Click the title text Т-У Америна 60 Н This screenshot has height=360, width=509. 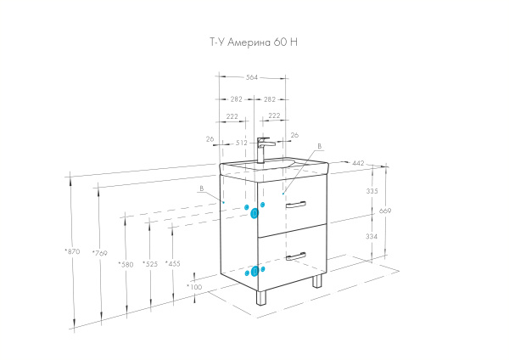coord(254,42)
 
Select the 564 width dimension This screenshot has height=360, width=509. coord(252,77)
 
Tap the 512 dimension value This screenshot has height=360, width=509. coord(242,143)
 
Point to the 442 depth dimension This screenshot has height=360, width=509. coord(358,163)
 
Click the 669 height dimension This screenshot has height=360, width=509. coord(385,211)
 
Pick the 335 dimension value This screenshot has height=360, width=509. coord(372,191)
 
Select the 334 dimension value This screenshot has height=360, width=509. coord(372,237)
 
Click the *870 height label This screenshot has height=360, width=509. coord(72,251)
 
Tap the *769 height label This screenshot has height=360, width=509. coord(99,253)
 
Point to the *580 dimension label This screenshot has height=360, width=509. coord(126,264)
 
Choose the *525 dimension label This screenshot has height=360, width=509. coord(150,264)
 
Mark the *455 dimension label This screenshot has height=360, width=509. coord(173,263)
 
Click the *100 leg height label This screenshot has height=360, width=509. coord(194,287)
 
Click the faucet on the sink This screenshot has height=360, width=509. coord(264,149)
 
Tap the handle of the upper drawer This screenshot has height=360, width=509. coord(296,205)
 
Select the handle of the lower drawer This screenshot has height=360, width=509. coord(296,256)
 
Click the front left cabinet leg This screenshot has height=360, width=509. coord(261,297)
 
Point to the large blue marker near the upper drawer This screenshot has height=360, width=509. coord(255,213)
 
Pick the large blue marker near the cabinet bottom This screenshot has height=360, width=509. coord(255,271)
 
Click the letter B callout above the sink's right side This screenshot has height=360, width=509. coord(320,147)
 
